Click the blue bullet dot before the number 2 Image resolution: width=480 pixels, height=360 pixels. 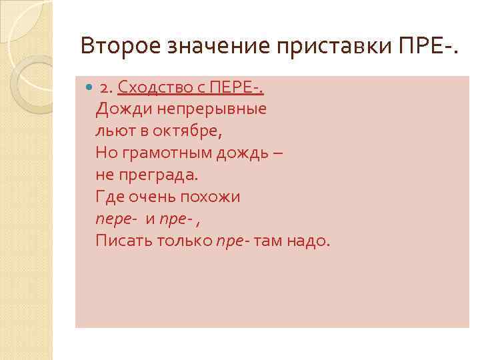(89, 88)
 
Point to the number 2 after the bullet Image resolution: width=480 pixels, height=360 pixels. (104, 88)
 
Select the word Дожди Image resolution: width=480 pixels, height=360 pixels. (119, 109)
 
